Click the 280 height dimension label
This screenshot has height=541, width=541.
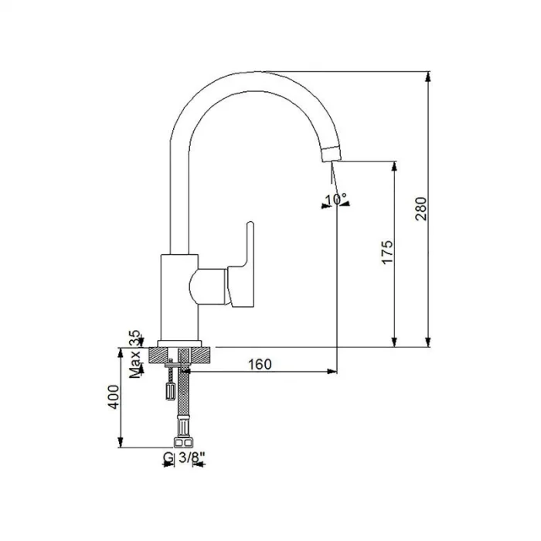pos(420,209)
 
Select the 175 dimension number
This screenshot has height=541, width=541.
pos(387,253)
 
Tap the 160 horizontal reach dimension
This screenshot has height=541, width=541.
pos(260,364)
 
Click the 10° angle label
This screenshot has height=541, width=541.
pos(336,199)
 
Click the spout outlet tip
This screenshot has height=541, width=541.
pos(330,155)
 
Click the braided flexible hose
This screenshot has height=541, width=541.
pos(183,398)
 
